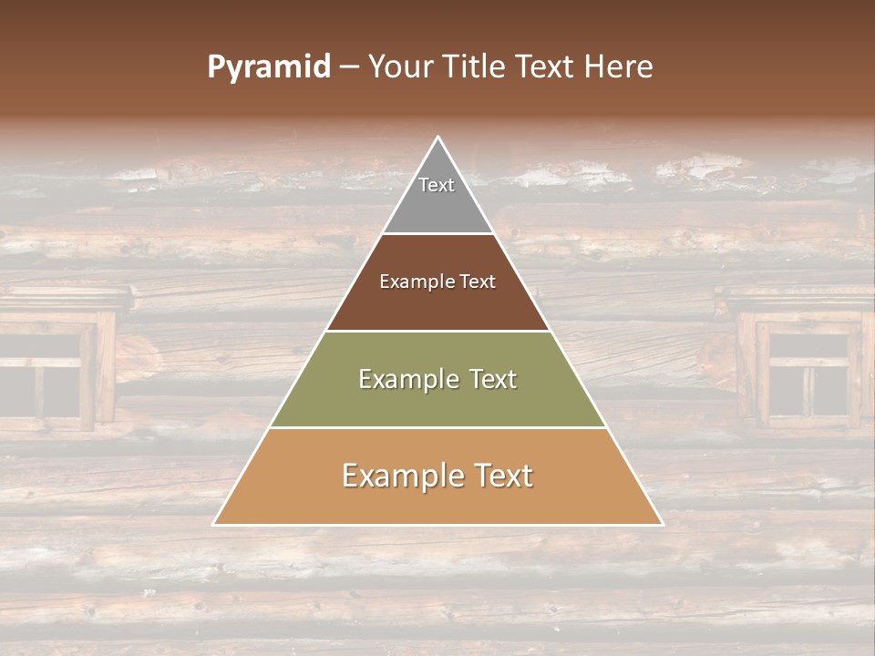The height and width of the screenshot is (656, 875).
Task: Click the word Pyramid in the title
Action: (x=269, y=67)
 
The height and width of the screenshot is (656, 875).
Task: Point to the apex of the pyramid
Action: (x=438, y=138)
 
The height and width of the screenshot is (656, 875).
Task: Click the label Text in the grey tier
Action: (x=437, y=185)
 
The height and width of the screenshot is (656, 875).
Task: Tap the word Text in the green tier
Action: (x=486, y=379)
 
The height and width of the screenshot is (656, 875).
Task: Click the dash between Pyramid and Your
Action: (x=349, y=67)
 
